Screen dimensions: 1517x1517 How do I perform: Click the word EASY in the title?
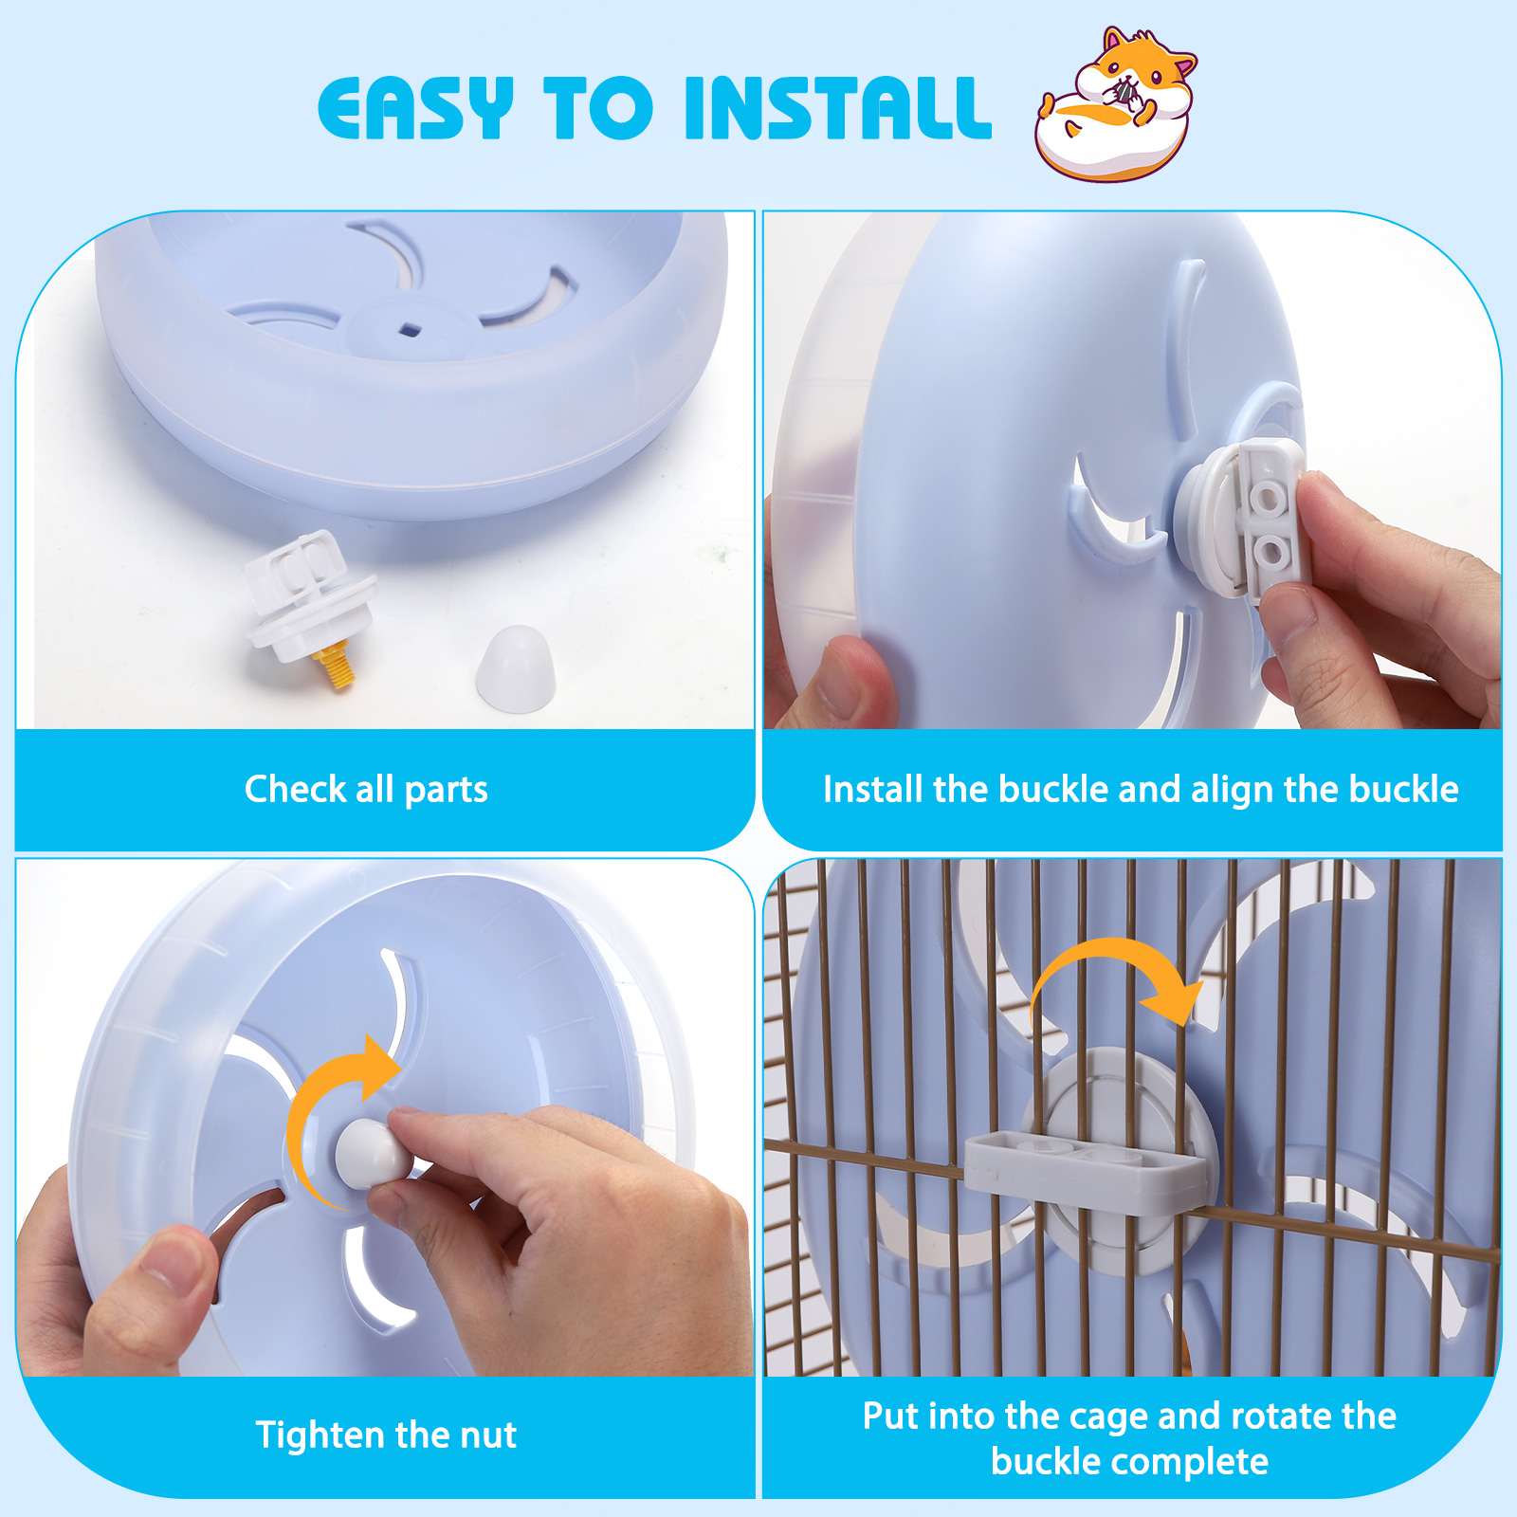tap(415, 108)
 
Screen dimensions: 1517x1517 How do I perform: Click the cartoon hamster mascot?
tap(1115, 103)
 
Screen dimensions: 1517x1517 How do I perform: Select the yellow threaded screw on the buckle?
tap(335, 665)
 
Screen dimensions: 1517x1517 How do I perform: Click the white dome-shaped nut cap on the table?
tap(515, 667)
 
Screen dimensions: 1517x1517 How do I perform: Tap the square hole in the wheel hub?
tap(410, 329)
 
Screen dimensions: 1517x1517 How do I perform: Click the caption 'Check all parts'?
tap(366, 789)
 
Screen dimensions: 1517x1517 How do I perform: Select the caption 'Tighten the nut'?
tap(386, 1435)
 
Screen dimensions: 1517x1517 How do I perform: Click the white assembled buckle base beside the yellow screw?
tap(308, 594)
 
